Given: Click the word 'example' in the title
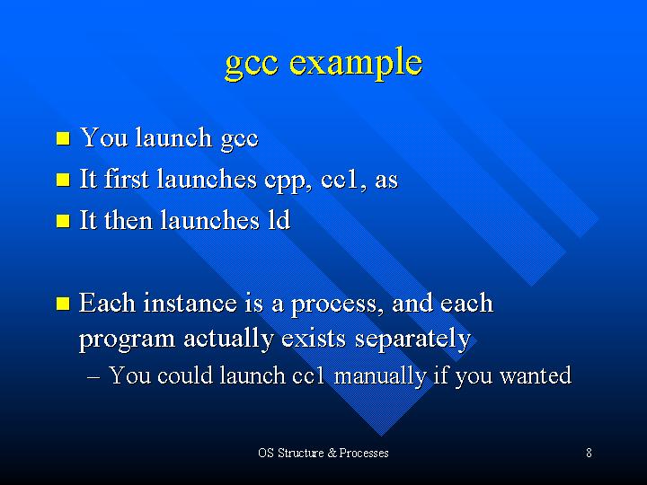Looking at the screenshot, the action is click(x=356, y=63).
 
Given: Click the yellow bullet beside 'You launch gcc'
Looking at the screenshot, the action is click(x=63, y=138).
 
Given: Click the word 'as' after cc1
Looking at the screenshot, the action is click(x=386, y=181).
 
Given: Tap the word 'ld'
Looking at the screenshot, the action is click(x=279, y=220).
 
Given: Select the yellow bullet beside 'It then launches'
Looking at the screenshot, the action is click(x=63, y=221).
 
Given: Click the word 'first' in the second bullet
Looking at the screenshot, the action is click(x=126, y=179).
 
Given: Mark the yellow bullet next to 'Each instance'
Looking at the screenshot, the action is click(x=63, y=304).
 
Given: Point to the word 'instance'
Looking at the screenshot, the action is click(x=191, y=304).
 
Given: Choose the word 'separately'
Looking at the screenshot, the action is click(x=412, y=339).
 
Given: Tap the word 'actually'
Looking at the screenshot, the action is click(x=228, y=339).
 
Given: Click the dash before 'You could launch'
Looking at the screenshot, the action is click(x=93, y=377).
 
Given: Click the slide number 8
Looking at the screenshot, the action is click(x=589, y=453).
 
